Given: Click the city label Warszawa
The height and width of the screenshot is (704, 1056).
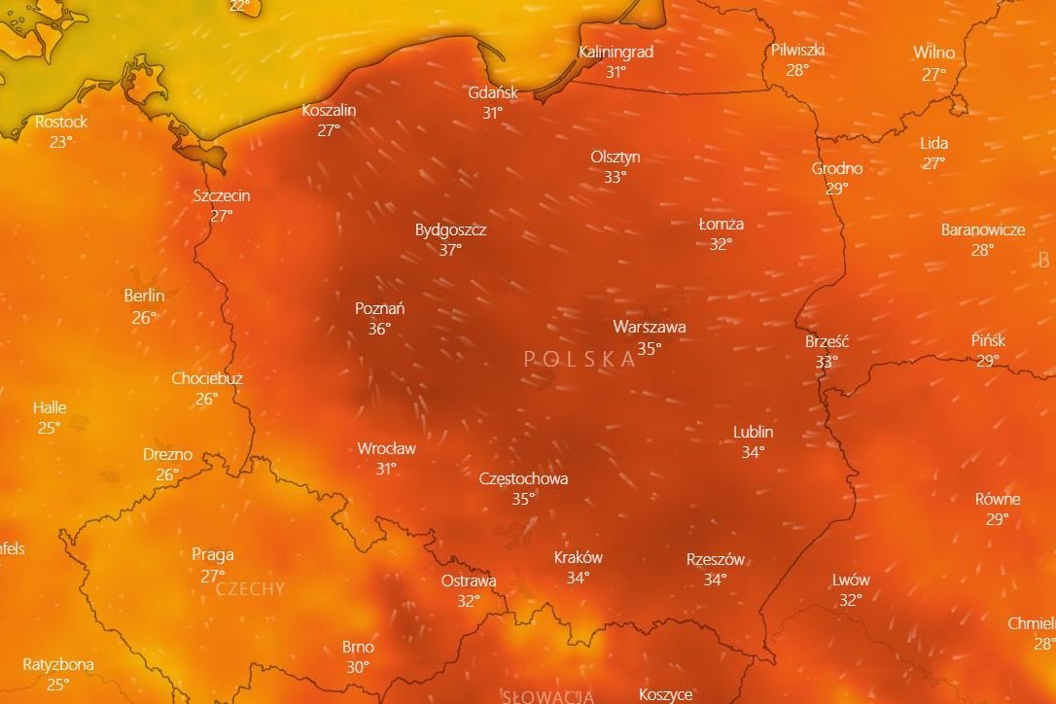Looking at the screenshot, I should pyautogui.click(x=649, y=327).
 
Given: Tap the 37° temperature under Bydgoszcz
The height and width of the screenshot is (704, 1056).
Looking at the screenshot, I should pyautogui.click(x=450, y=250).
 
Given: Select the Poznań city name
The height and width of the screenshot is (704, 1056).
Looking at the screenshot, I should pyautogui.click(x=379, y=308).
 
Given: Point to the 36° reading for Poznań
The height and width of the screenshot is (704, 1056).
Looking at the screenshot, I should pyautogui.click(x=379, y=329).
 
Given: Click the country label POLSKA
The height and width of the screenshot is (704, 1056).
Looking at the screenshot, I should pyautogui.click(x=580, y=359).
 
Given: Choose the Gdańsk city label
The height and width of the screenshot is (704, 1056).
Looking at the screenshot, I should pyautogui.click(x=493, y=92).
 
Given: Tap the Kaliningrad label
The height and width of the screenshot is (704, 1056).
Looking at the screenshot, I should pyautogui.click(x=616, y=52).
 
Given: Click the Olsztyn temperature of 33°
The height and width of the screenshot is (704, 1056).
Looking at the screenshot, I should pyautogui.click(x=615, y=177).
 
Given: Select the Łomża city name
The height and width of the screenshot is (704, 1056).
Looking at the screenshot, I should pyautogui.click(x=721, y=224).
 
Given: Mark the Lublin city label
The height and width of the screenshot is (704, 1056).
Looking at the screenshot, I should pyautogui.click(x=753, y=432).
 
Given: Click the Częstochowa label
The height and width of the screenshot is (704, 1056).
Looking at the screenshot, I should pyautogui.click(x=523, y=478).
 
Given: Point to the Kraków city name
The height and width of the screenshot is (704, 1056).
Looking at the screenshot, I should pyautogui.click(x=578, y=557).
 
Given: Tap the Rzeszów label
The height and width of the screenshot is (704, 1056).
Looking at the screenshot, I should pyautogui.click(x=715, y=559).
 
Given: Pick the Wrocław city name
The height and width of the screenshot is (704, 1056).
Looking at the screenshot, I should pyautogui.click(x=386, y=448).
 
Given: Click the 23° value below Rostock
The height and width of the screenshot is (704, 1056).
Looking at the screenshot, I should pyautogui.click(x=61, y=141).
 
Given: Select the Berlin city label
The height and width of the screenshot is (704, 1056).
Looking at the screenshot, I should pyautogui.click(x=144, y=296).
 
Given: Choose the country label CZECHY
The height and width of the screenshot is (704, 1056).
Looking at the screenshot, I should pyautogui.click(x=250, y=588).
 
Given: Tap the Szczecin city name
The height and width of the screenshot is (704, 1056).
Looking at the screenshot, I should pyautogui.click(x=222, y=195).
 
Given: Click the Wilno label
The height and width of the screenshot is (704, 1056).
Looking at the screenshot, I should pyautogui.click(x=933, y=53).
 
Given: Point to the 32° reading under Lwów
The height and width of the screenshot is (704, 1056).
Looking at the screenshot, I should pyautogui.click(x=851, y=600).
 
